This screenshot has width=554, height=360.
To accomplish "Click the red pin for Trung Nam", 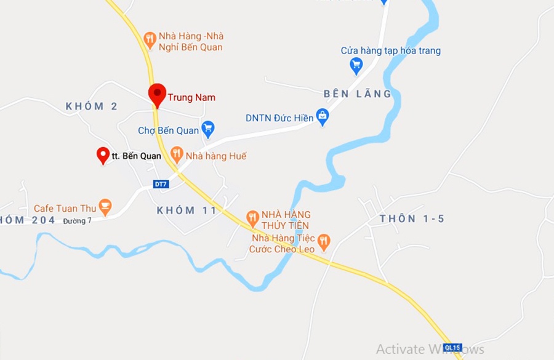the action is tap(157, 94).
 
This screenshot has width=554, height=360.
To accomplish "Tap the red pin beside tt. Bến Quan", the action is tap(103, 154).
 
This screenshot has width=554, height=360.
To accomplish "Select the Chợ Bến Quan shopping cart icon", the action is tap(208, 128).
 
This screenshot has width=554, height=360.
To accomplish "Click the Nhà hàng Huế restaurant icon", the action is tap(177, 154).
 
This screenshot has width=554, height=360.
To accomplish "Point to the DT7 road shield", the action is tap(161, 184).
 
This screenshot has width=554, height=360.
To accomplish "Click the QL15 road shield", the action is tap(452, 348).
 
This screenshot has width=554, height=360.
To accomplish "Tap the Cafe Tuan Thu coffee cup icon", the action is tap(105, 206).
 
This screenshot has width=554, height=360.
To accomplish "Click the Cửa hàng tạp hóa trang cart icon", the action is tap(356, 64).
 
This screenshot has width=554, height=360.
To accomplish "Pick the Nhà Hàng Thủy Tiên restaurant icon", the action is tap(252, 217).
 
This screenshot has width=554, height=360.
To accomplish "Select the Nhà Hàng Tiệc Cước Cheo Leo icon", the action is tap(324, 241).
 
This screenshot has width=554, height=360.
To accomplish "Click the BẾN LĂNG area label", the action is tap(358, 94).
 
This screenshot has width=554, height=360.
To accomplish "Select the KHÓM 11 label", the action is tap(187, 210).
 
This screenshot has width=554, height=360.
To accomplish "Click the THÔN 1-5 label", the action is tap(412, 219).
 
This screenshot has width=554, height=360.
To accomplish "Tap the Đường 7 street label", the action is tap(77, 221).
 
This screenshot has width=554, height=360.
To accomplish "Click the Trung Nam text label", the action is tap(191, 97).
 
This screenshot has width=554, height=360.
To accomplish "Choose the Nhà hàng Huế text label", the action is tap(216, 156).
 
